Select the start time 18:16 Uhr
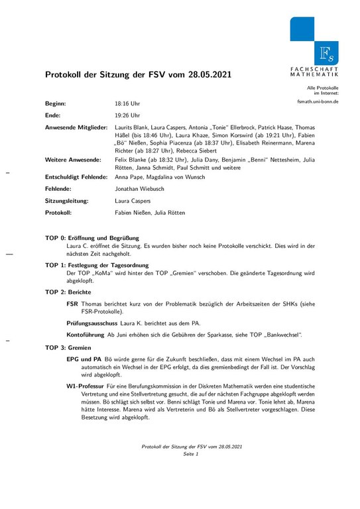pos(127,104)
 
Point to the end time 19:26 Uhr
pos(127,115)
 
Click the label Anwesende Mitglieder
pos(76,126)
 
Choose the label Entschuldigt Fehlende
pos(76,177)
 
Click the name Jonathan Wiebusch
pos(142,189)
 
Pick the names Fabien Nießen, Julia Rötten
pos(149,212)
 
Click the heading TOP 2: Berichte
pos(68,292)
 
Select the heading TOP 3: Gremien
pos(68,347)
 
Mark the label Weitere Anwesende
pos(73,160)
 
